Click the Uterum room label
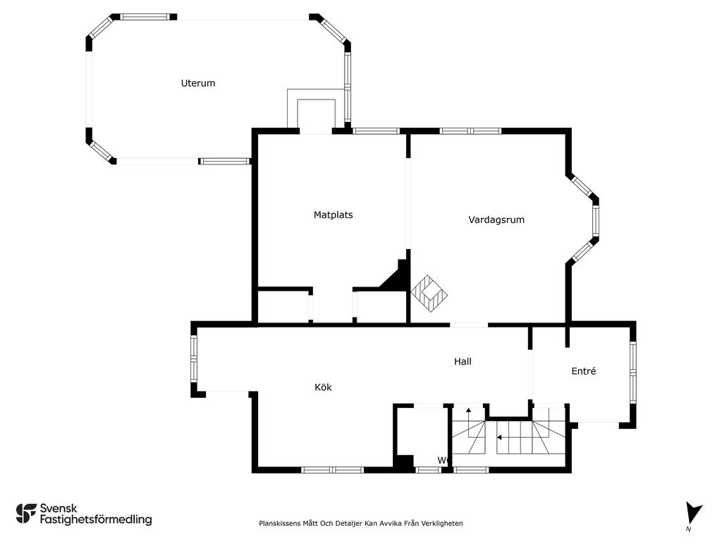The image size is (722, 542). pyautogui.click(x=198, y=83)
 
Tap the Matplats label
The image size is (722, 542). pyautogui.click(x=333, y=215)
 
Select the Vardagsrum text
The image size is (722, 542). pyautogui.click(x=496, y=220)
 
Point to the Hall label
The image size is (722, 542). pyautogui.click(x=463, y=361)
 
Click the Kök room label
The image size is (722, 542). pyautogui.click(x=323, y=387)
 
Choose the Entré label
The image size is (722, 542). pyautogui.click(x=583, y=371)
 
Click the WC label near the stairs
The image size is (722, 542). pyautogui.click(x=444, y=460)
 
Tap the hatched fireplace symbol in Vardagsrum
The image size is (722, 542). pyautogui.click(x=429, y=294)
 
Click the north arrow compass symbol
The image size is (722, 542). pyautogui.click(x=692, y=513)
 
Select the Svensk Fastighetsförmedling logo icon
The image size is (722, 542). pyautogui.click(x=26, y=514)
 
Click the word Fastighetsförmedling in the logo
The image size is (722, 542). pyautogui.click(x=96, y=520)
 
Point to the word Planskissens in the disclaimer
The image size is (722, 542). pyautogui.click(x=279, y=523)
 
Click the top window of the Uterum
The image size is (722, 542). pyautogui.click(x=145, y=17)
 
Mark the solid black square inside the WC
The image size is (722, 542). pyautogui.click(x=405, y=463)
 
